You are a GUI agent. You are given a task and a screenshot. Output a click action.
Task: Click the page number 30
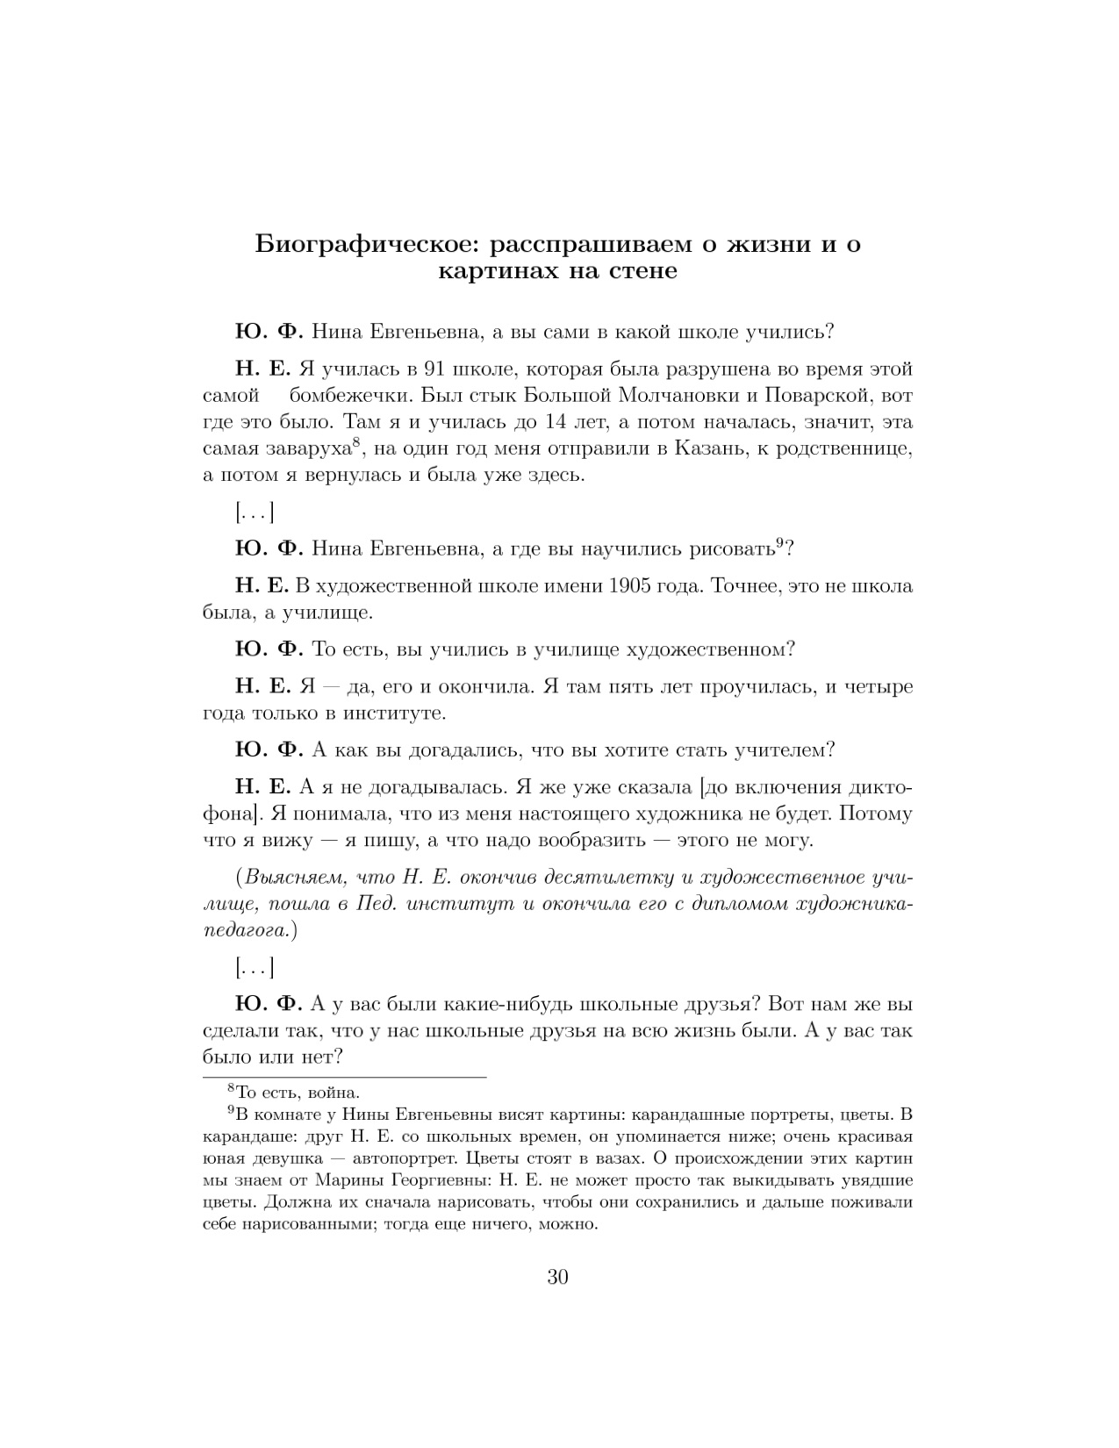point(558,1277)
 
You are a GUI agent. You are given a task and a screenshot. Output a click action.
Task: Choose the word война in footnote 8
point(334,1093)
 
